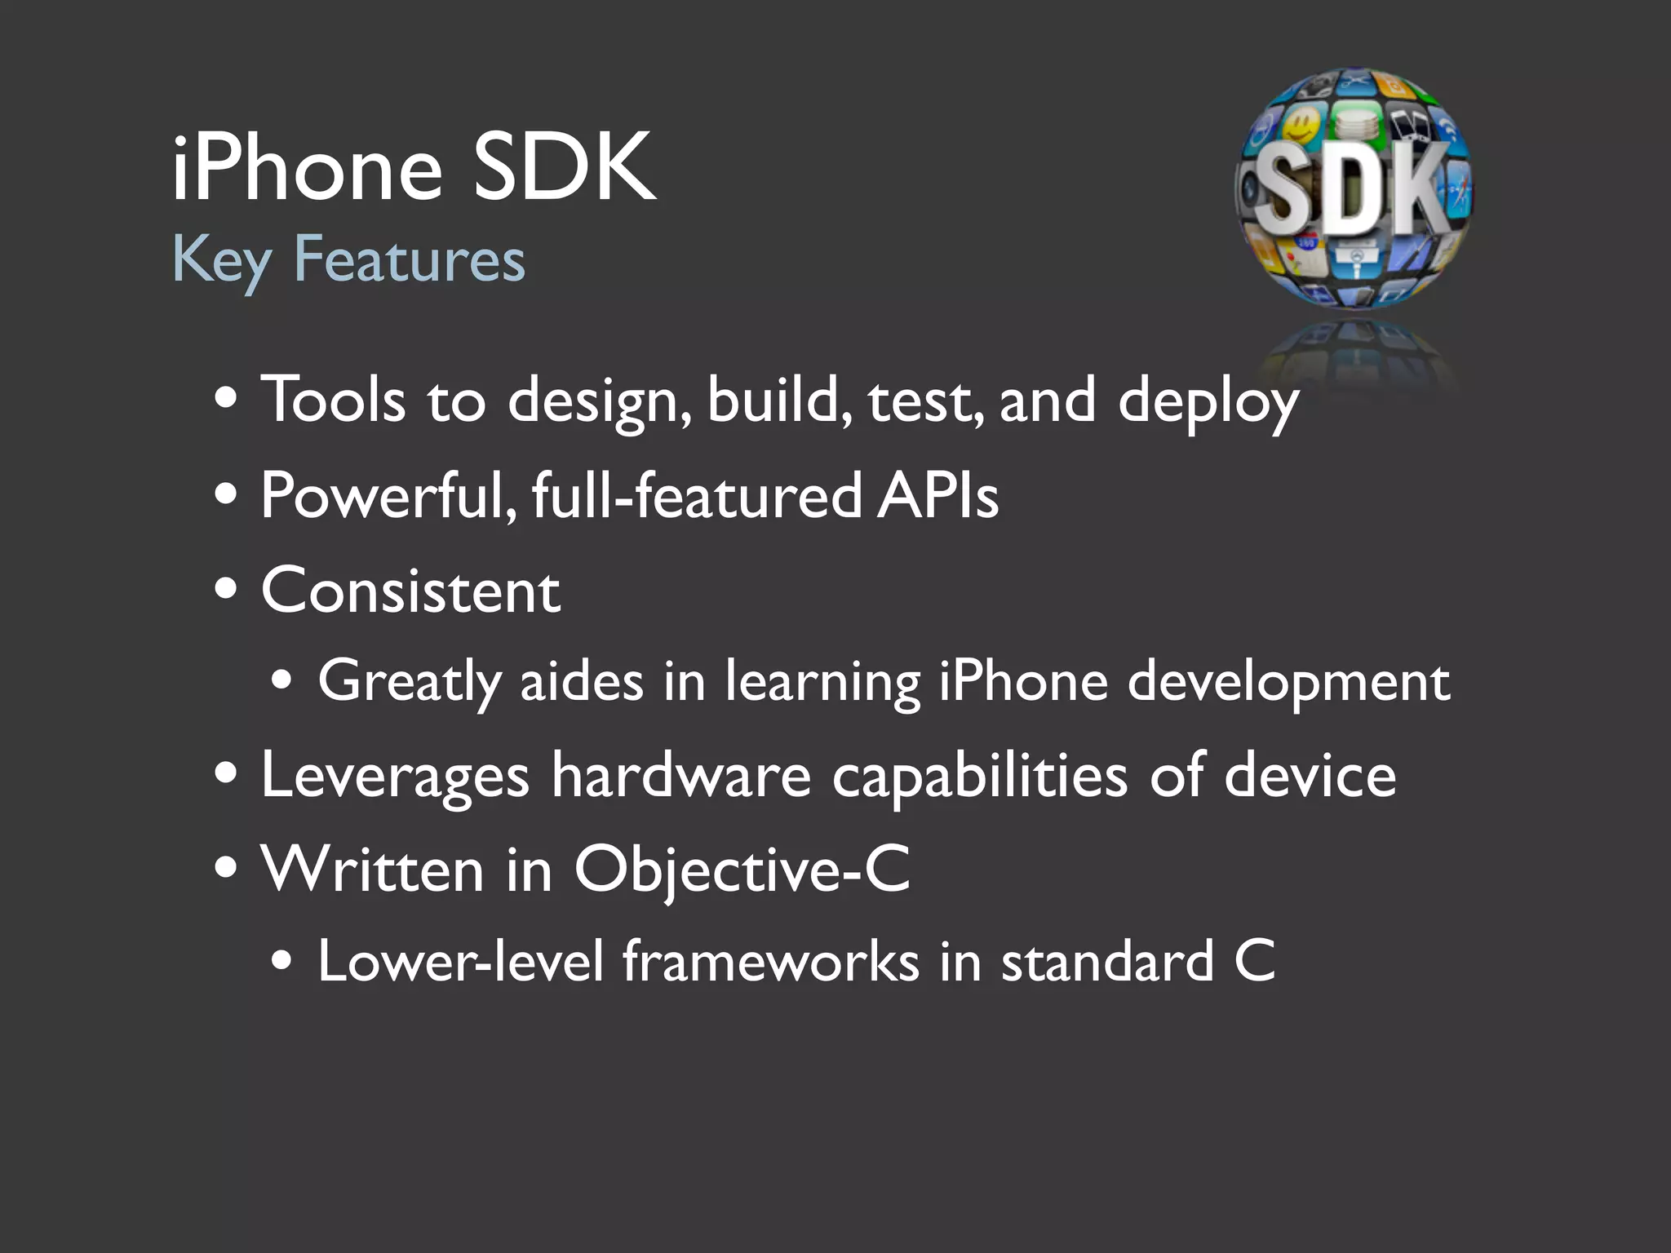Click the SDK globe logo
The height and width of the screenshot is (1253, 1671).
[1354, 189]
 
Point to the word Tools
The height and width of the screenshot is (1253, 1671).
[333, 400]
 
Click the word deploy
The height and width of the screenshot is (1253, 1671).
[1208, 401]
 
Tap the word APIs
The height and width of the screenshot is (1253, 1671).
[938, 495]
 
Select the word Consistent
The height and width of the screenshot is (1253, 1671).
[410, 591]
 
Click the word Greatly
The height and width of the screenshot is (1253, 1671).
[409, 682]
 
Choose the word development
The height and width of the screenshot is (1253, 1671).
[1289, 682]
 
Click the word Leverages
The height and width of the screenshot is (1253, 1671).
[395, 776]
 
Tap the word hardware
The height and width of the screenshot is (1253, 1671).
[681, 776]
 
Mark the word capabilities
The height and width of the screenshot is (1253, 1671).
[980, 776]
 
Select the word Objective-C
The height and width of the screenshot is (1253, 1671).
[742, 870]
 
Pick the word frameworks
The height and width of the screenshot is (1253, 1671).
[771, 961]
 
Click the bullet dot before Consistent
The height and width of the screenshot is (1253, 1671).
[226, 589]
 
